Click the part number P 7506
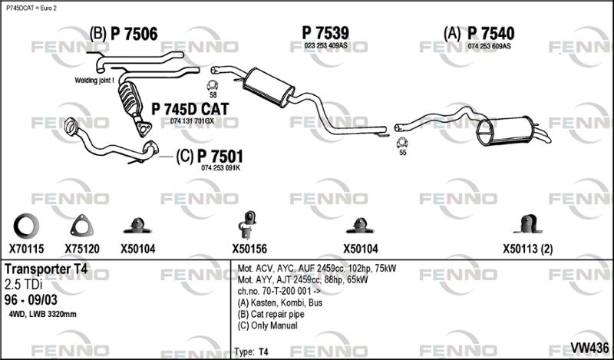click(x=134, y=34)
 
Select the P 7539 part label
click(x=325, y=33)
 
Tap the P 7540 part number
click(x=490, y=34)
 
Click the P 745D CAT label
click(x=190, y=109)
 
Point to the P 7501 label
click(x=220, y=157)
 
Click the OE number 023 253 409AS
click(x=325, y=46)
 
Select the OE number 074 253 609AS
click(x=489, y=46)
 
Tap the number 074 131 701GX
click(x=192, y=121)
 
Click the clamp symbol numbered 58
click(x=213, y=85)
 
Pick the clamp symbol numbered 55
click(x=402, y=143)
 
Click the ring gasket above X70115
click(x=26, y=226)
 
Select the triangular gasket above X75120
click(x=82, y=226)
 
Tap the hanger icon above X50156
click(x=247, y=224)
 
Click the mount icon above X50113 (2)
click(x=528, y=224)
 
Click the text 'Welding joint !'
click(x=94, y=81)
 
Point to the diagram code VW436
click(x=589, y=348)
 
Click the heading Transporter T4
click(x=46, y=269)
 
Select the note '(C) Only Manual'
click(x=267, y=325)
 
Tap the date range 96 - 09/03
click(x=31, y=300)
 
